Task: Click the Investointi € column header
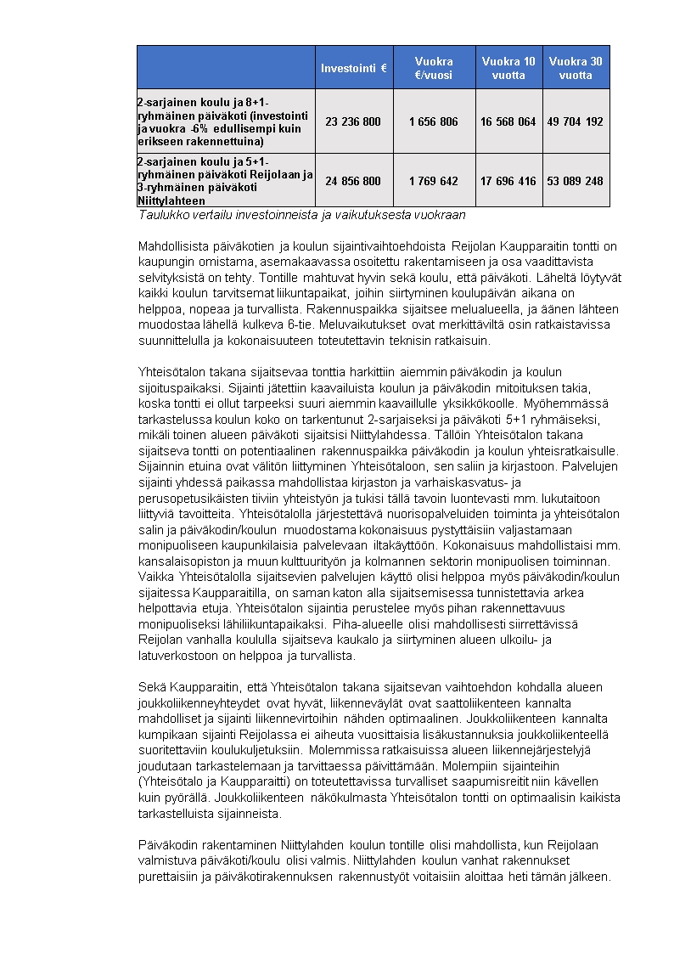(353, 68)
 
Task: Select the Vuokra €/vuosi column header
(433, 68)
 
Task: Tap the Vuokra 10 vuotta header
(508, 68)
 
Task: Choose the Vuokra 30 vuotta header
(576, 68)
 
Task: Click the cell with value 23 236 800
(353, 121)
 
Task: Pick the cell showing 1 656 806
(433, 121)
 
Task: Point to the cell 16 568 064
(508, 121)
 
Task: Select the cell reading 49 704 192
(576, 121)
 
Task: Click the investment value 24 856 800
(353, 181)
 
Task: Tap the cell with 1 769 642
(433, 181)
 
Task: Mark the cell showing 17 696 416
(508, 181)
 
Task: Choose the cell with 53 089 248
(576, 181)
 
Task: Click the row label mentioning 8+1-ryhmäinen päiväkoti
(225, 121)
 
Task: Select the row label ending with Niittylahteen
(225, 181)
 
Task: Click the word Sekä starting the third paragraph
(149, 686)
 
